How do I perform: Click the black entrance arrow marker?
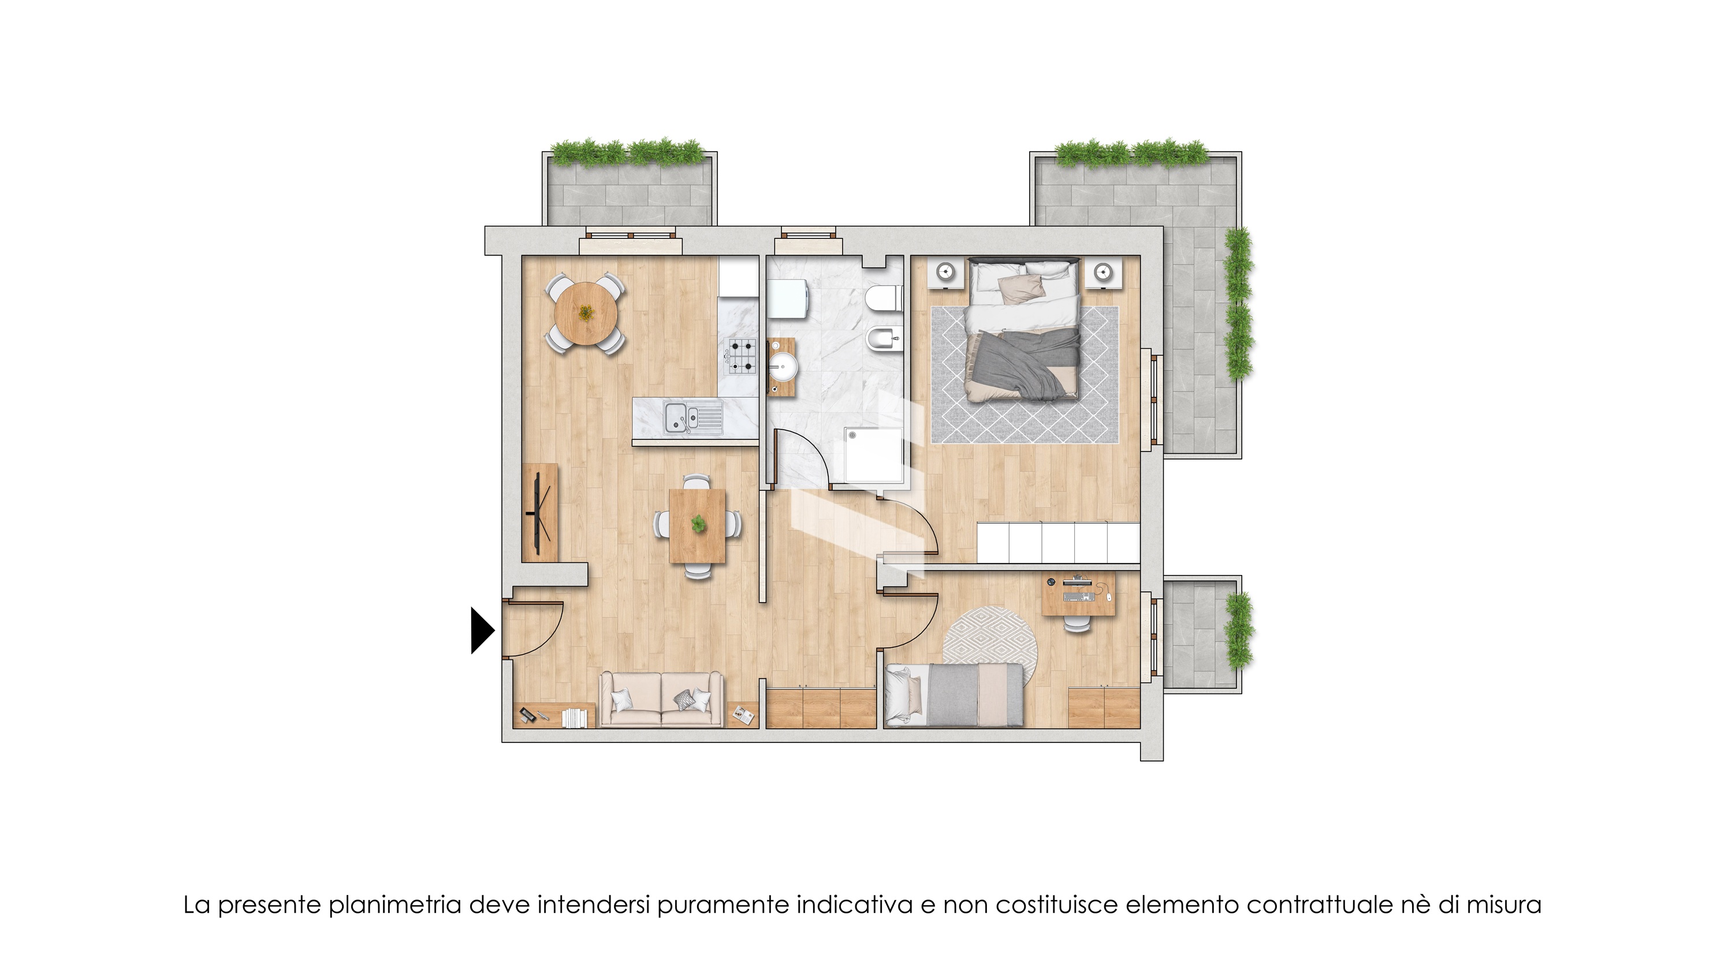[482, 630]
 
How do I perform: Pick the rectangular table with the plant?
[697, 525]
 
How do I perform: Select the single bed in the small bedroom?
[953, 695]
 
